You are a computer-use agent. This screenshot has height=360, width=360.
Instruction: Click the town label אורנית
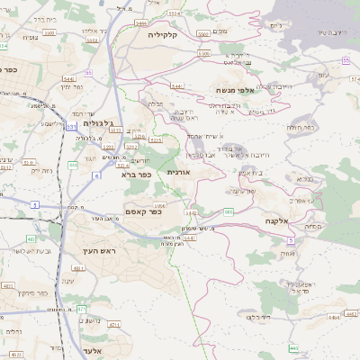(x=178, y=171)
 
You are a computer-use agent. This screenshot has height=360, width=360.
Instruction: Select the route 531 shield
(x=71, y=127)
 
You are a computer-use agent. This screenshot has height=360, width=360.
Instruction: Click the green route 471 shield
(x=82, y=309)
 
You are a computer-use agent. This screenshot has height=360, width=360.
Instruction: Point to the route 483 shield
(x=31, y=238)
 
